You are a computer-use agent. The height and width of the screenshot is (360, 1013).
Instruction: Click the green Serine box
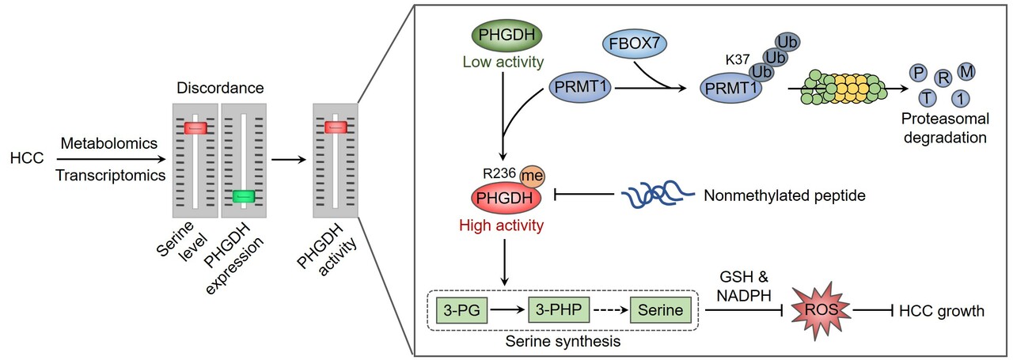tap(661, 310)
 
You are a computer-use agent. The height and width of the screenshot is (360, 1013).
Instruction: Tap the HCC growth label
tap(942, 310)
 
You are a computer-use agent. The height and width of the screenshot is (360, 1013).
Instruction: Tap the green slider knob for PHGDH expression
tap(243, 196)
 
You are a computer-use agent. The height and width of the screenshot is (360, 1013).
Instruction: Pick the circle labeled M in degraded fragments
tap(967, 73)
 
